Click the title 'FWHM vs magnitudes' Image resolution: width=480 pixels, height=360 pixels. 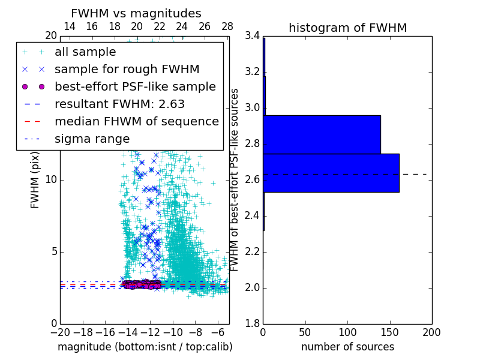136,13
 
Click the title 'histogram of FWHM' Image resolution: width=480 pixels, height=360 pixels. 347,28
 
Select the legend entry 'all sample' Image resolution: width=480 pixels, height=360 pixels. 85,52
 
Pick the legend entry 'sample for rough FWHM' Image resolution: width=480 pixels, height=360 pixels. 127,70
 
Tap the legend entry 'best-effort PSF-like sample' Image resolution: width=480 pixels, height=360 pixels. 135,87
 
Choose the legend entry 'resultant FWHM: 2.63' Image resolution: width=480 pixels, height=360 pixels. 119,104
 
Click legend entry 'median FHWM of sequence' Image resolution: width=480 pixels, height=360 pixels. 136,122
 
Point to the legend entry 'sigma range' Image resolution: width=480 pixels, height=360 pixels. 92,139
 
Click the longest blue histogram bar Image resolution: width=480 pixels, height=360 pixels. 331,173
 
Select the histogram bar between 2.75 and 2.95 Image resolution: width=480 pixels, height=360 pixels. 322,134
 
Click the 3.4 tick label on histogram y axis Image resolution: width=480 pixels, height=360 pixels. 252,36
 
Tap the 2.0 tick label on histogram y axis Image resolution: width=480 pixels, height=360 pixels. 252,287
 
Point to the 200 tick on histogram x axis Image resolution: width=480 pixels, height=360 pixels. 431,332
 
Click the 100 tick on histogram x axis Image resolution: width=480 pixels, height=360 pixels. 347,332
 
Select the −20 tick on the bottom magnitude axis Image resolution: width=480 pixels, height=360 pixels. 60,332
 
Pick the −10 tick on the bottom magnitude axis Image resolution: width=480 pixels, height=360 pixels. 173,332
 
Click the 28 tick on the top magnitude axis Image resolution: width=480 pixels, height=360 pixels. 227,27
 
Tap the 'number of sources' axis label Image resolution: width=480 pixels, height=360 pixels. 347,347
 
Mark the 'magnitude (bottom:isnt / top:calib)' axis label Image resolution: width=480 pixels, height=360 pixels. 145,347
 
